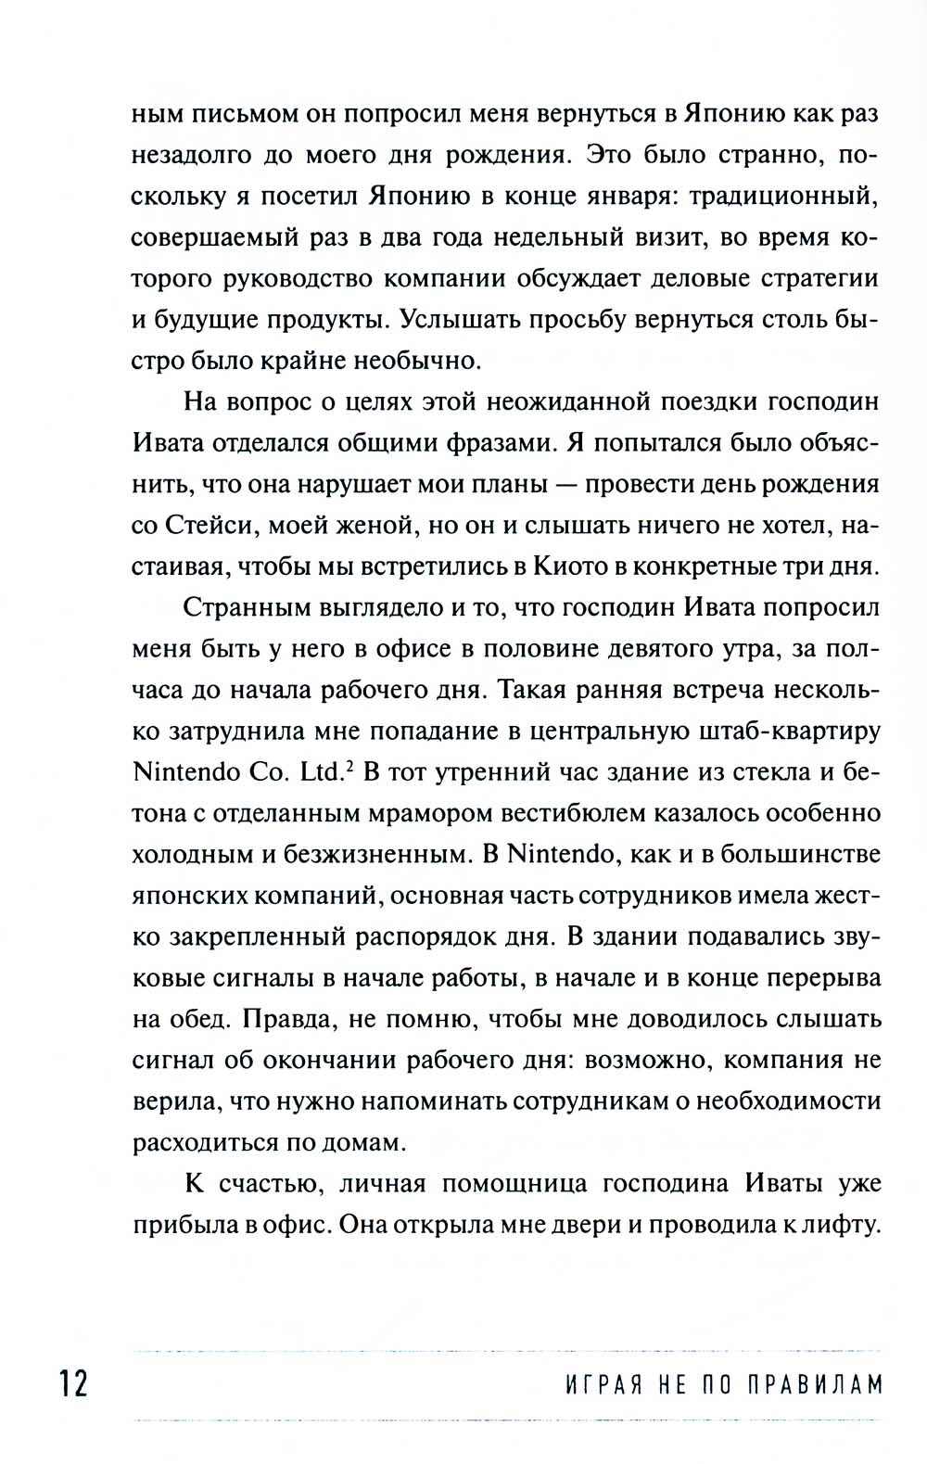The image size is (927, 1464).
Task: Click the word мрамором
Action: pyautogui.click(x=422, y=814)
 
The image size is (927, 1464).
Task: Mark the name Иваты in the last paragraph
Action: pyautogui.click(x=777, y=1184)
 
